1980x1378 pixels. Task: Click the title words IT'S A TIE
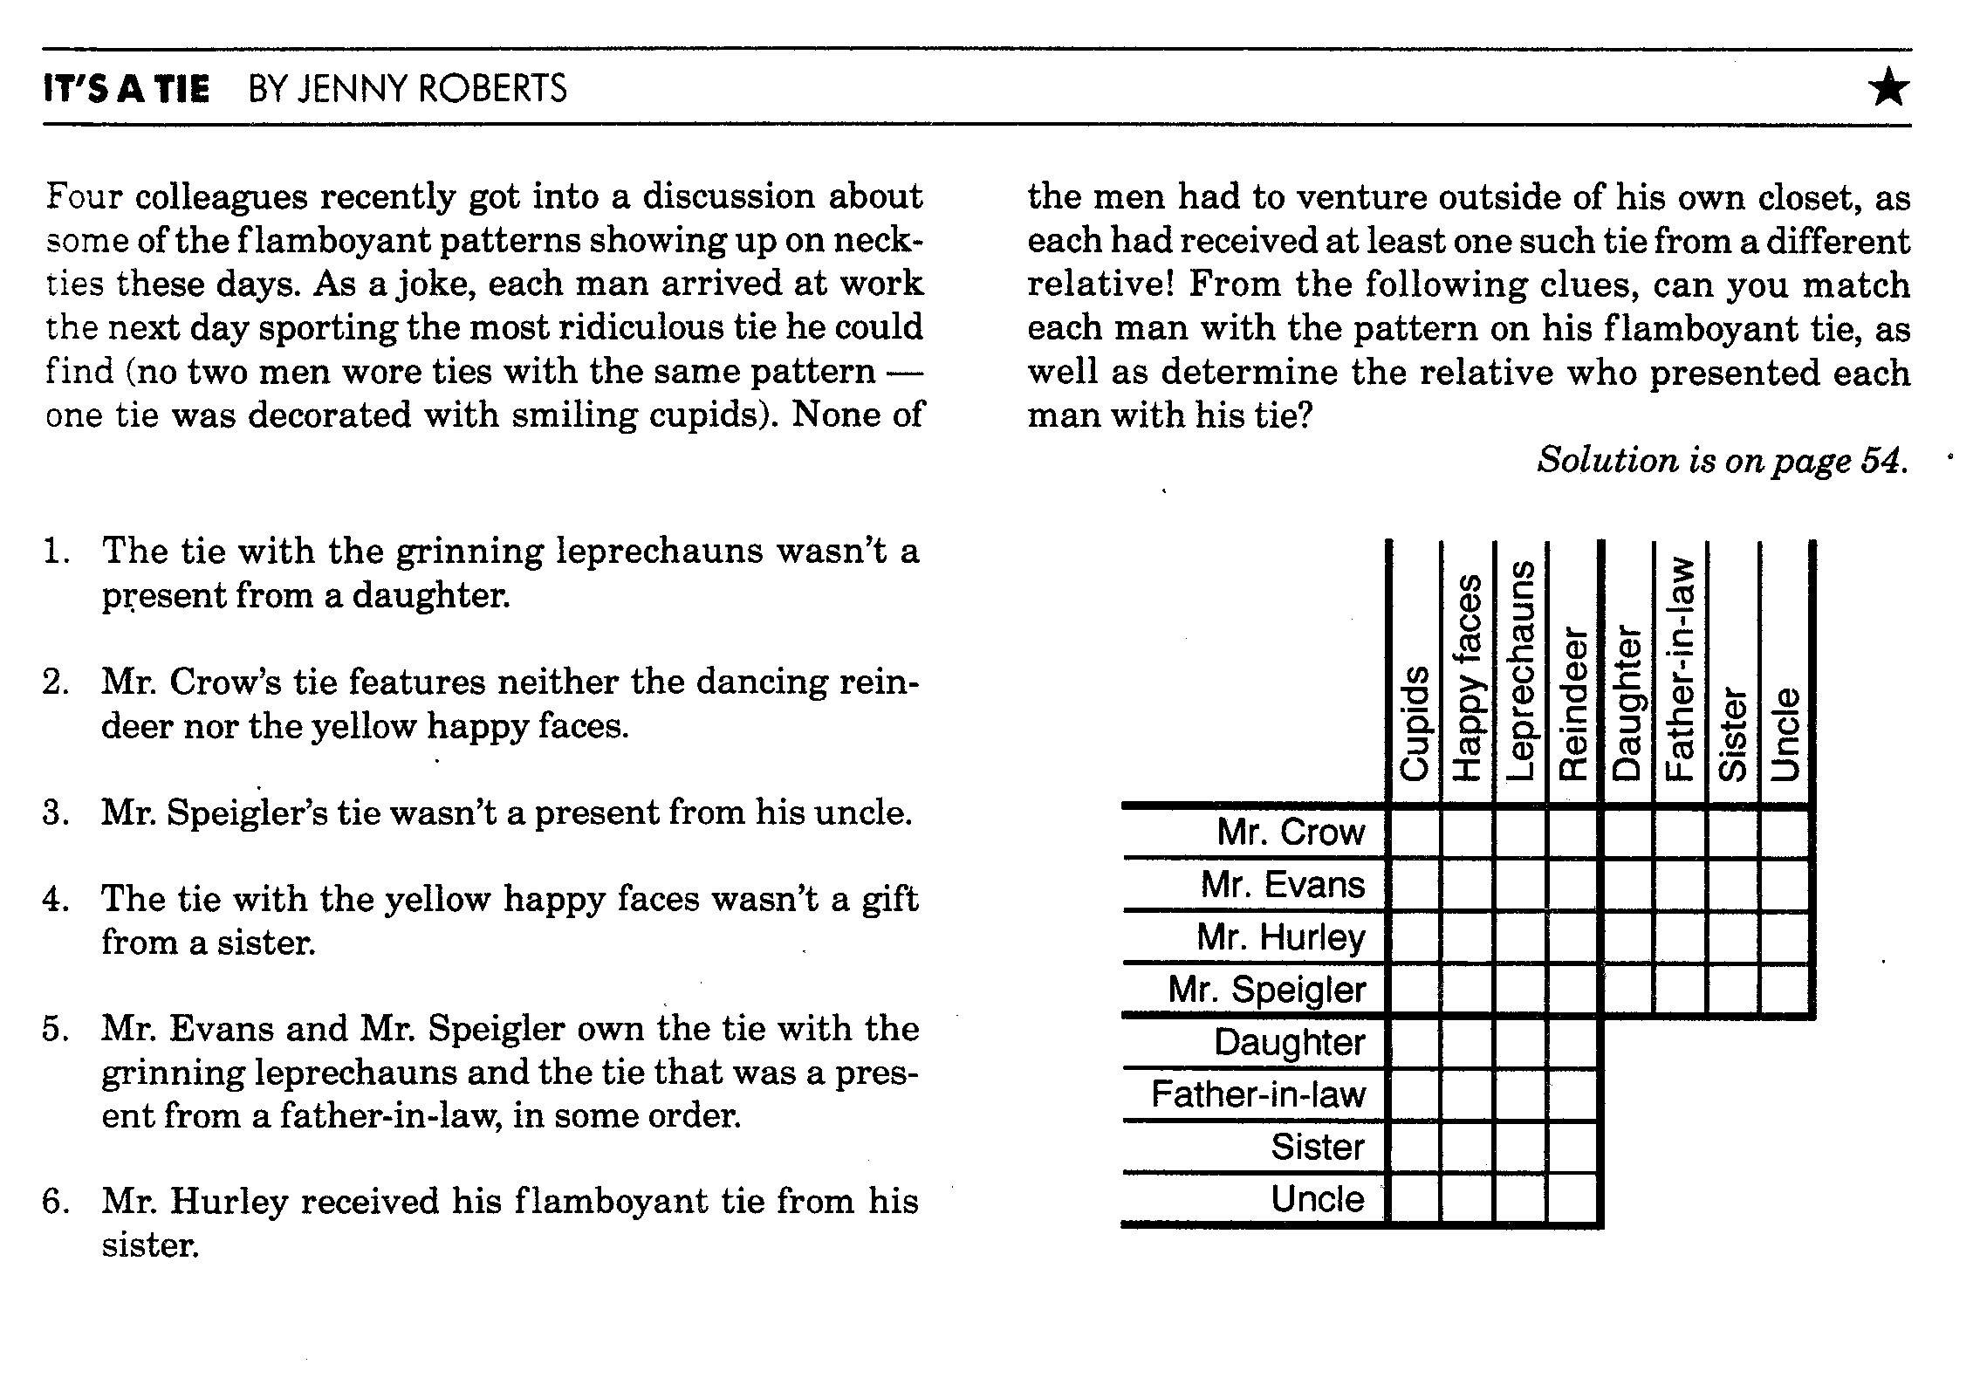pyautogui.click(x=127, y=89)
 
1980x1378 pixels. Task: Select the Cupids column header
pyautogui.click(x=1415, y=723)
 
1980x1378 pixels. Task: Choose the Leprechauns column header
pyautogui.click(x=1520, y=670)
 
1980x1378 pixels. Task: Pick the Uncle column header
pyautogui.click(x=1786, y=733)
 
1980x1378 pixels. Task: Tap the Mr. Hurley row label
pyautogui.click(x=1280, y=937)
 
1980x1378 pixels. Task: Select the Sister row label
pyautogui.click(x=1317, y=1147)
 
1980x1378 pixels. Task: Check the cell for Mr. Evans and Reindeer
pyautogui.click(x=1573, y=885)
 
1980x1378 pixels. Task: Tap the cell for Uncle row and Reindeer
pyautogui.click(x=1573, y=1199)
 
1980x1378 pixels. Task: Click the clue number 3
pyautogui.click(x=54, y=812)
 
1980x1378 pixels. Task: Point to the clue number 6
pyautogui.click(x=54, y=1202)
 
